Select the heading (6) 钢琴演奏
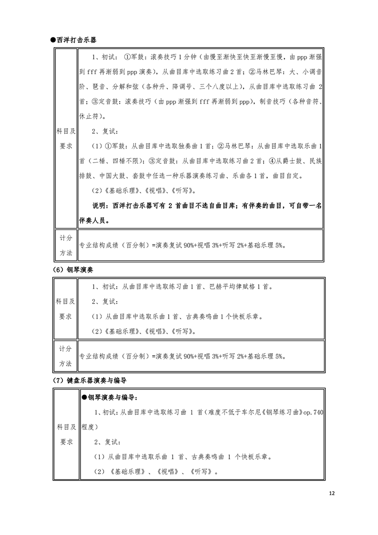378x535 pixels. pos(72,270)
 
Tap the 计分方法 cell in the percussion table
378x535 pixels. pos(65,245)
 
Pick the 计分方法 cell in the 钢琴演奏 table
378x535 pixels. pos(65,356)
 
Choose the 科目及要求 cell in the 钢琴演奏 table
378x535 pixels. pos(65,309)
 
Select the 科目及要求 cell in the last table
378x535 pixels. pos(65,434)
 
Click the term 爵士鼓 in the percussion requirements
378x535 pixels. pos(285,161)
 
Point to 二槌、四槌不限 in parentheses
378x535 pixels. pos(114,161)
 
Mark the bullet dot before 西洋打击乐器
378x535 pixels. pos(53,40)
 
